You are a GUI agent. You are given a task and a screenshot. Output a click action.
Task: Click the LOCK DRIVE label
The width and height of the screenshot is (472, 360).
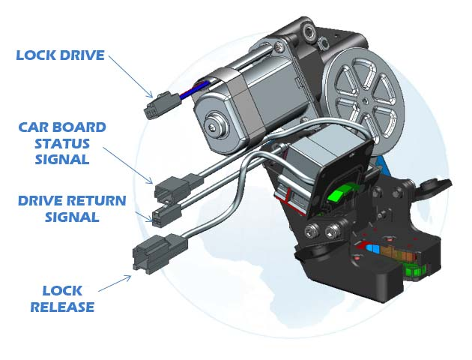[x=60, y=55]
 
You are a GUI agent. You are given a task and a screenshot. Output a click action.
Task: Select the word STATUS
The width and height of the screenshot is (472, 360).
[x=62, y=144]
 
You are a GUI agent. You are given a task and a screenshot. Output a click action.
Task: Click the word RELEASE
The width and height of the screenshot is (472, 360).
[x=62, y=307]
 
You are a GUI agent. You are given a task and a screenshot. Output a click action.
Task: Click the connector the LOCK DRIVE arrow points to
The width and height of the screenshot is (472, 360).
[x=164, y=105]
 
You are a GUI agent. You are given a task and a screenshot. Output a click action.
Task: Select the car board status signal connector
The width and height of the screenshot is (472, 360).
[x=178, y=187]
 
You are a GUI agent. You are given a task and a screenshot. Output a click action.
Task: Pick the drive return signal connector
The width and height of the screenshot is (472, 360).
[x=167, y=214]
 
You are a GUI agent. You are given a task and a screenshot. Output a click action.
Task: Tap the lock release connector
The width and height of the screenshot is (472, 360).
[x=160, y=253]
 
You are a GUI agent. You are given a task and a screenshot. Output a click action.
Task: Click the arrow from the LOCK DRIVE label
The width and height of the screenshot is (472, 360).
[x=131, y=76]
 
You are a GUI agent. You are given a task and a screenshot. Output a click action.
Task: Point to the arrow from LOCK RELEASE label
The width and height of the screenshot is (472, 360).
[x=115, y=283]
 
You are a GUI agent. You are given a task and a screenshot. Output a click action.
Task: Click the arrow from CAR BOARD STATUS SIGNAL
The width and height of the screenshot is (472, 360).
[x=128, y=166]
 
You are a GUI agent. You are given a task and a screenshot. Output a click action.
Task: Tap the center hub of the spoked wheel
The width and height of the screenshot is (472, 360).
[x=365, y=100]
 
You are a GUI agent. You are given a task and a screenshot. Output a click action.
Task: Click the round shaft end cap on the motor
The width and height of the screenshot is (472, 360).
[x=214, y=125]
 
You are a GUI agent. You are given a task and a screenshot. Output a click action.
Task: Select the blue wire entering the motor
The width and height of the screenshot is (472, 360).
[x=193, y=91]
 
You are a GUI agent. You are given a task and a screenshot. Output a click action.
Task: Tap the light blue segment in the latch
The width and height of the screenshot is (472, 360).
[x=372, y=248]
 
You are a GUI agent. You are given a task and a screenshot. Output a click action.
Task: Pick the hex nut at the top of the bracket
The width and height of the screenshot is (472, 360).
[x=323, y=43]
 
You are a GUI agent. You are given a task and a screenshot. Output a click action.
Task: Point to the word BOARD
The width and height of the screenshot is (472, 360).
[x=76, y=127]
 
